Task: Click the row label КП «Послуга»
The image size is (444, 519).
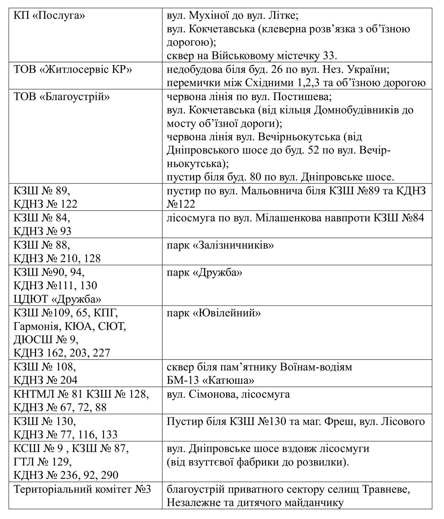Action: pyautogui.click(x=49, y=16)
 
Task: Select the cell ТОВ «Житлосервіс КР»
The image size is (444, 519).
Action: pyautogui.click(x=73, y=70)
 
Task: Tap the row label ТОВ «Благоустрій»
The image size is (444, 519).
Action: pyautogui.click(x=61, y=97)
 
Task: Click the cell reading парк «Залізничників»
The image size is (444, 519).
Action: pyautogui.click(x=220, y=245)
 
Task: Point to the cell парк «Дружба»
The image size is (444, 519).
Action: pyautogui.click(x=204, y=273)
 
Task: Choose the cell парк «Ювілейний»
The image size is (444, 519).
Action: pyautogui.click(x=213, y=313)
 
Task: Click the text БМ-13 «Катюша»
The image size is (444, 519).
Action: pyautogui.click(x=210, y=380)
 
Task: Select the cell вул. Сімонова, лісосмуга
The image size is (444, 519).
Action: pyautogui.click(x=228, y=394)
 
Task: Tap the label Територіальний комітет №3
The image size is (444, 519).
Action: pyautogui.click(x=82, y=490)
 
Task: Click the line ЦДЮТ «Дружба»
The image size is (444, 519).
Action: pyautogui.click(x=57, y=299)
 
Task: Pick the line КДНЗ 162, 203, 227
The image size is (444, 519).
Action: pyautogui.click(x=62, y=353)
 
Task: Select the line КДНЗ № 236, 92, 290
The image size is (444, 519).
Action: pyautogui.click(x=66, y=475)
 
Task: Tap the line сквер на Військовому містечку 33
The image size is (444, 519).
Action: pyautogui.click(x=252, y=55)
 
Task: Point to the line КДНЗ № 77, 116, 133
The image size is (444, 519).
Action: pyautogui.click(x=66, y=434)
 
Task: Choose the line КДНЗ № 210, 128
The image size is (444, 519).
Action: pyautogui.click(x=57, y=259)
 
